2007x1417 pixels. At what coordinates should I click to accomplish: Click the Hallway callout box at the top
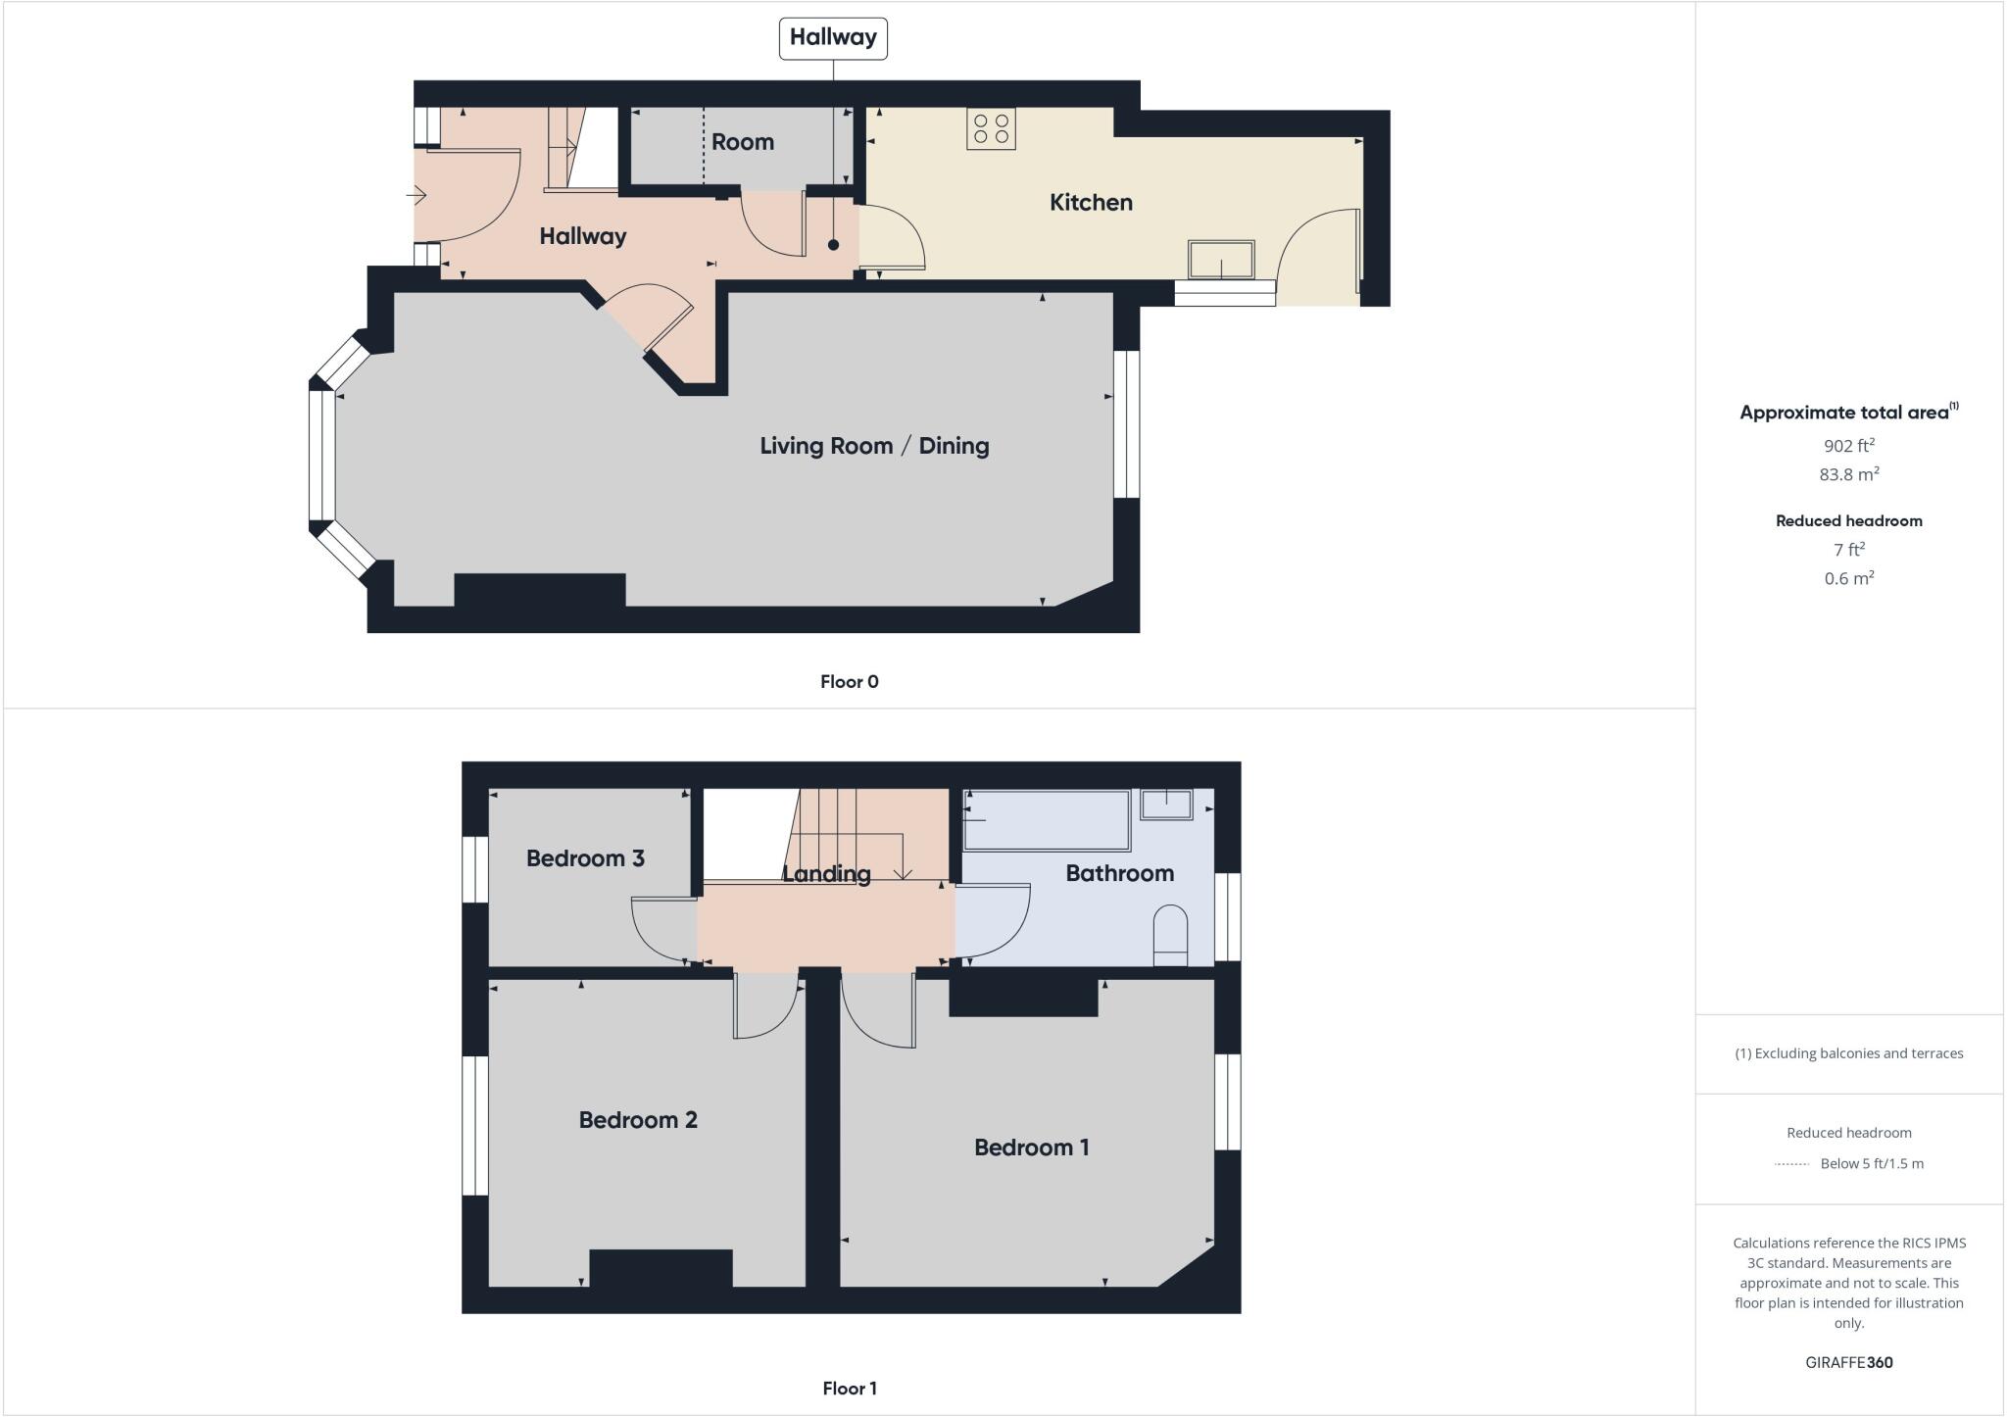(833, 38)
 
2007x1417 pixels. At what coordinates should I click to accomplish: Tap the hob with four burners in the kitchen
(991, 128)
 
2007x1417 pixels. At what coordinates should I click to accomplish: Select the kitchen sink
(1221, 260)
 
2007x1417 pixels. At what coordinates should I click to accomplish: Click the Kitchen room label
(1091, 203)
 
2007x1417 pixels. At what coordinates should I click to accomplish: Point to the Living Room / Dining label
(874, 446)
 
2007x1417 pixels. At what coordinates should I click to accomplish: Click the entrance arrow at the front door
(416, 196)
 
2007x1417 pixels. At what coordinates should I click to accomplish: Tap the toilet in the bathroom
(1170, 935)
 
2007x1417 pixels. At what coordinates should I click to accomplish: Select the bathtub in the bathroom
(1047, 820)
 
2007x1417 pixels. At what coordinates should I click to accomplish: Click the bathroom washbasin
(1166, 805)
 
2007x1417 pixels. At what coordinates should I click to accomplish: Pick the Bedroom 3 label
(585, 858)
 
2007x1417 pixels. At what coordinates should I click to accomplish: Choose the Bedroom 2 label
(638, 1120)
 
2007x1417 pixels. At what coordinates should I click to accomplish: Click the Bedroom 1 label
(1031, 1148)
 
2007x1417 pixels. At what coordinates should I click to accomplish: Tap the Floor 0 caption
(850, 682)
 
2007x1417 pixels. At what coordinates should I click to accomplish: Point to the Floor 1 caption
(850, 1389)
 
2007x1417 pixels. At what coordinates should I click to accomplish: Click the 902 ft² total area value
(1849, 446)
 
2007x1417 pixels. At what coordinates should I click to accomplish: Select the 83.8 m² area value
(1849, 474)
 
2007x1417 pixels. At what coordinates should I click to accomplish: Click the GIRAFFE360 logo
(1849, 1362)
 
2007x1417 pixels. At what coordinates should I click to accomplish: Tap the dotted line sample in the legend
(1791, 1164)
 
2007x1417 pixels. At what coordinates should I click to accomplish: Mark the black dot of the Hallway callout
(833, 245)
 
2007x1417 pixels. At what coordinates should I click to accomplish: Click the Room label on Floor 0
(743, 142)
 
